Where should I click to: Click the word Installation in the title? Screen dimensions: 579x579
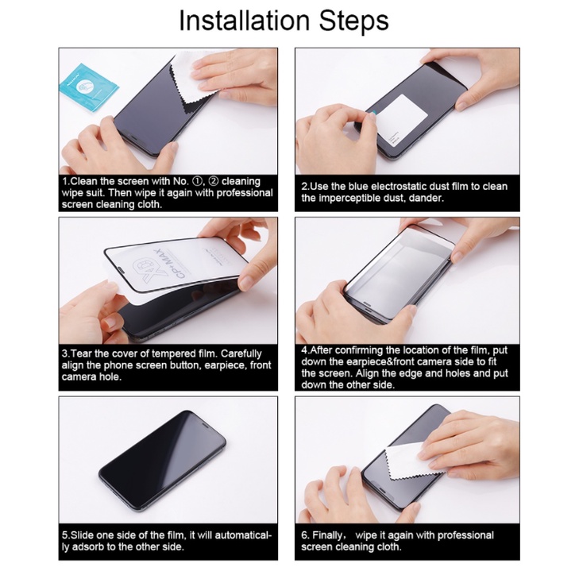click(244, 21)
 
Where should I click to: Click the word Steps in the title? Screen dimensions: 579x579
click(353, 21)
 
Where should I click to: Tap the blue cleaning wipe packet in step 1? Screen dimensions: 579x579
click(89, 88)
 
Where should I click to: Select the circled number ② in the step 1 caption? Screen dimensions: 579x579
click(214, 181)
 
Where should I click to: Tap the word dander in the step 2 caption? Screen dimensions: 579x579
click(428, 198)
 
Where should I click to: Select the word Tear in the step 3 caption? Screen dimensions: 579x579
click(81, 353)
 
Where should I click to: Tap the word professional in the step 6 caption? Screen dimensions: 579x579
click(465, 535)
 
